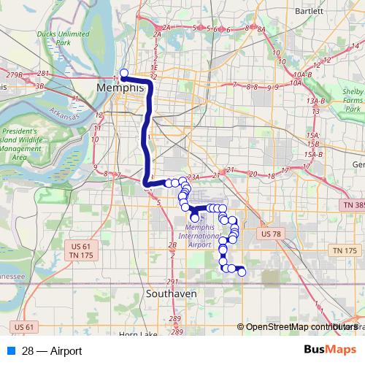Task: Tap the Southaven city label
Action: pos(171,293)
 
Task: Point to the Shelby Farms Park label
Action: pos(353,100)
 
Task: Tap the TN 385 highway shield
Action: pos(351,207)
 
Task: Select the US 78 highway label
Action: pos(272,233)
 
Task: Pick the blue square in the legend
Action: pos(10,351)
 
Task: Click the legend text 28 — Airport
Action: pos(52,351)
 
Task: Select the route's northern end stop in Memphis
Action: pos(124,72)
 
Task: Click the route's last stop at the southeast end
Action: pos(242,273)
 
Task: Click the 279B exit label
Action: pos(13,74)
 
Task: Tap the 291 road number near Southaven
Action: pos(172,281)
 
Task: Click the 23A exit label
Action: pos(193,177)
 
